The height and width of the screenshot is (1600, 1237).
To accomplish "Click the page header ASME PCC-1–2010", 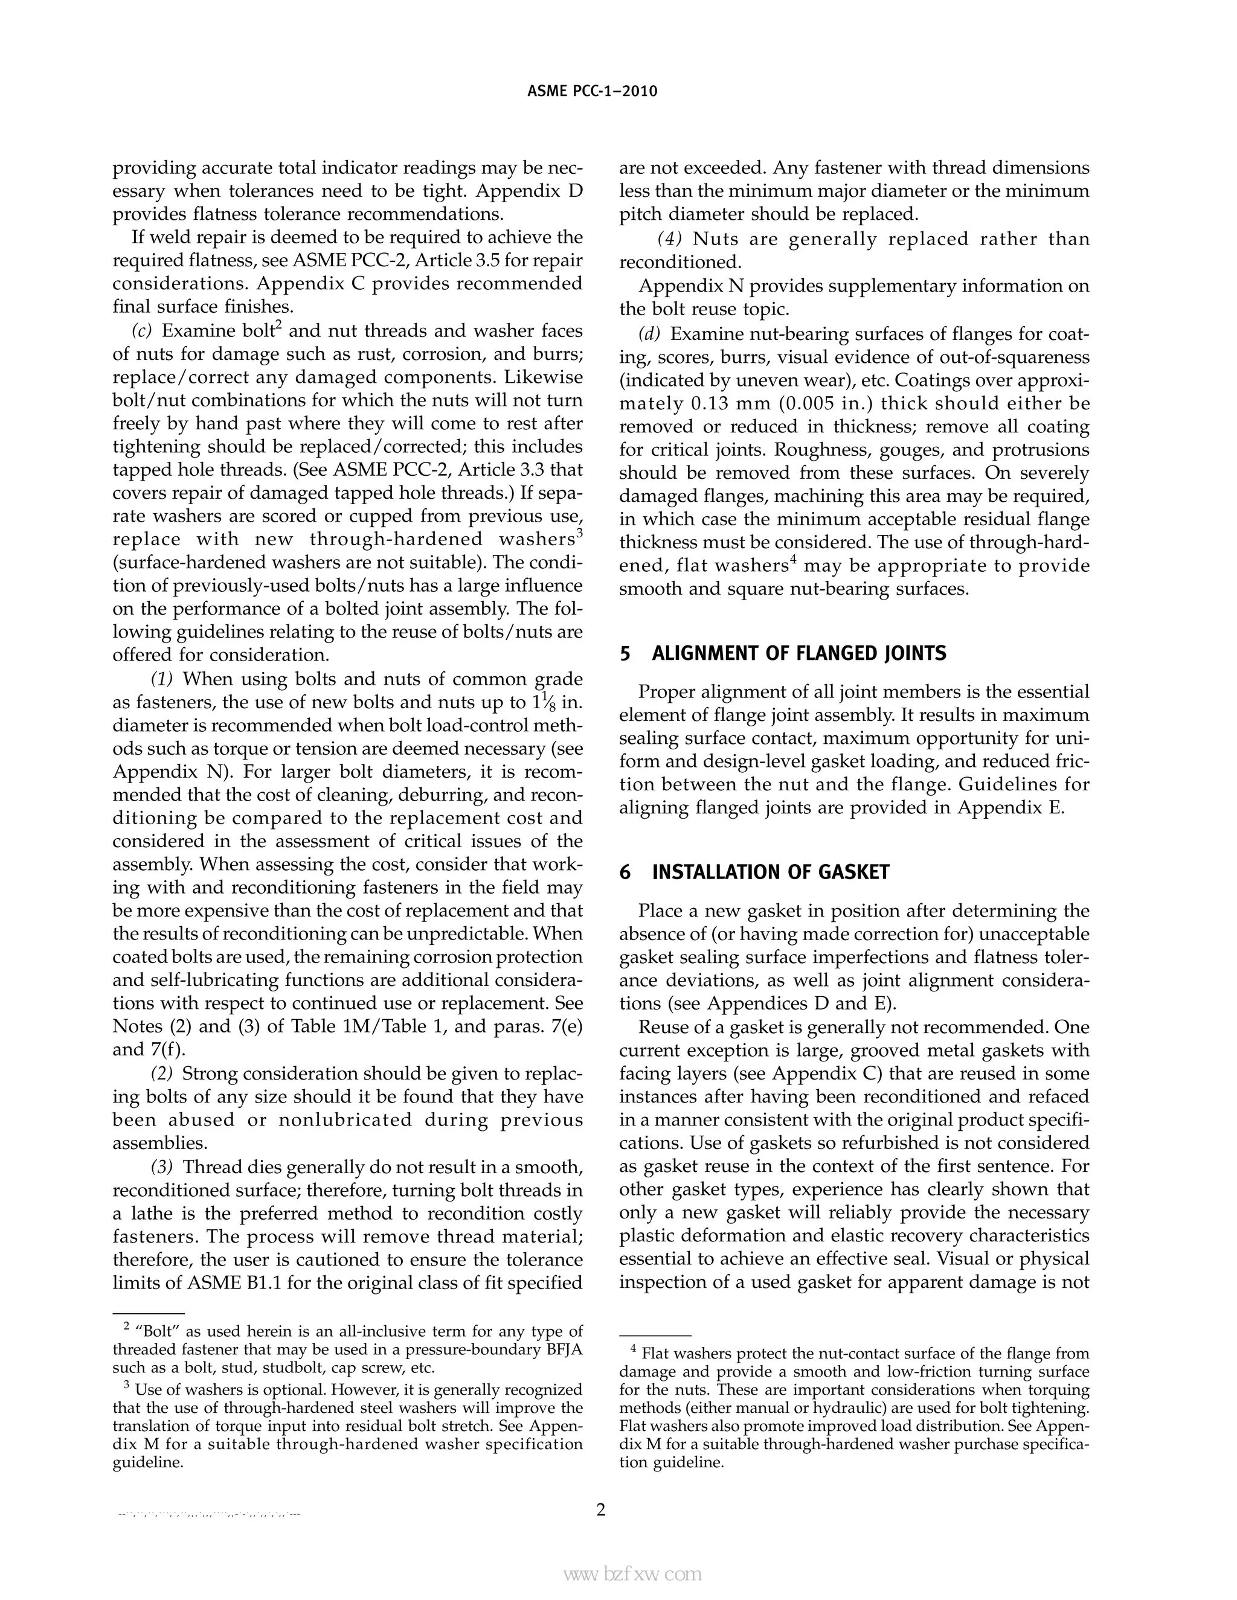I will pos(592,92).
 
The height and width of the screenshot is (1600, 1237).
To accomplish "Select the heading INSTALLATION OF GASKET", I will pos(770,872).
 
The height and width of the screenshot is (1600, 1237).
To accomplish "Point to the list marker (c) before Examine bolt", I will pos(142,331).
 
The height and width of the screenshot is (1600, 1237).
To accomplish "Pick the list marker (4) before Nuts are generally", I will pos(669,239).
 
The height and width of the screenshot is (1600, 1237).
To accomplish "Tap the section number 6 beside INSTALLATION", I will pos(625,872).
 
